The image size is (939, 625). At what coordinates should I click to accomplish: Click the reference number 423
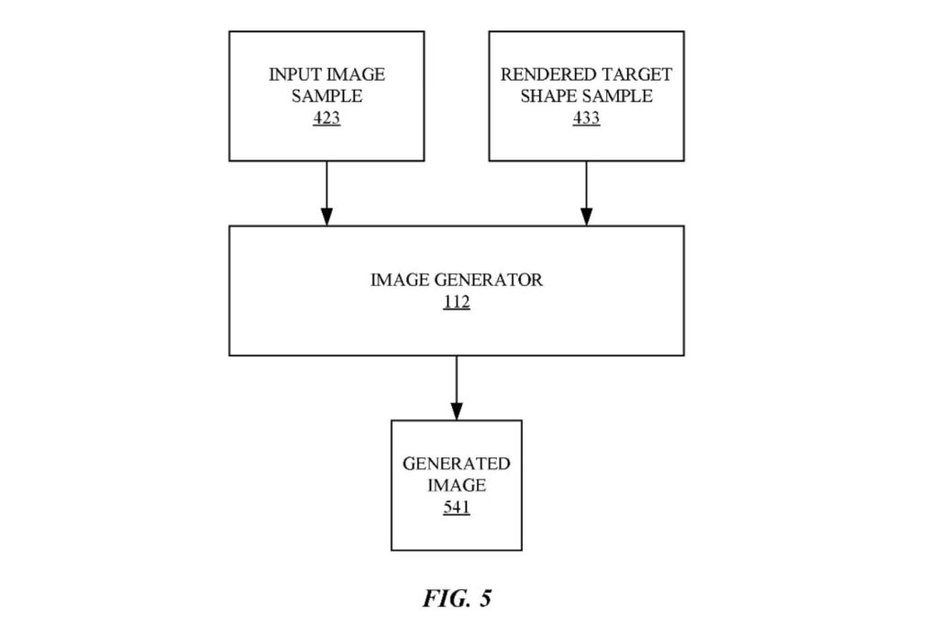click(326, 118)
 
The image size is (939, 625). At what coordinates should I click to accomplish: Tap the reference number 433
click(586, 118)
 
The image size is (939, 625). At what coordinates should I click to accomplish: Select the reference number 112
click(456, 302)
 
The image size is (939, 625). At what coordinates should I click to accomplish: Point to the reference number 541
click(456, 506)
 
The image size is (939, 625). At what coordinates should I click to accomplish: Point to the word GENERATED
click(456, 463)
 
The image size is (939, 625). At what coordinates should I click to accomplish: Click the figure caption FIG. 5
click(457, 599)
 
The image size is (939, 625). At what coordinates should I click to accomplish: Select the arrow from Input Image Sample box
click(326, 192)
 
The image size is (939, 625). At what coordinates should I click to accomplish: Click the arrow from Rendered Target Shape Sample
click(586, 192)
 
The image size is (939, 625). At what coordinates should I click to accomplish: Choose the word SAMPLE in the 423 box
click(326, 96)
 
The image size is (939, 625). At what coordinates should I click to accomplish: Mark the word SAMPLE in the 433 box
click(623, 96)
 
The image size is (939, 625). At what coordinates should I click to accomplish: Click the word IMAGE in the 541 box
click(456, 485)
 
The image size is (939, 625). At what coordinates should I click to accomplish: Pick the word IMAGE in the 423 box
click(359, 74)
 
